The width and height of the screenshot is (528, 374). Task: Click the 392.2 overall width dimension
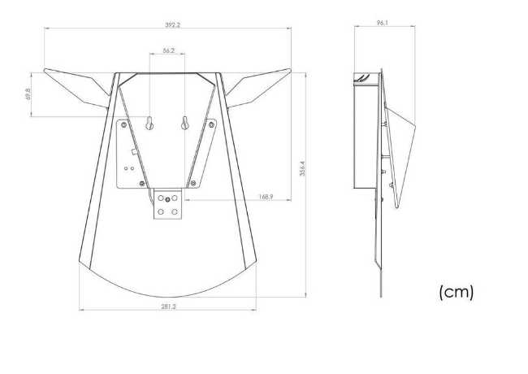(172, 25)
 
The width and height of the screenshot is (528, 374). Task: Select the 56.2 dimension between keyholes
(169, 50)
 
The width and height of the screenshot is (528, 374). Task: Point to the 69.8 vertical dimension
(28, 93)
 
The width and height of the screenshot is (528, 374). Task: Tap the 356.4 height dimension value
(302, 168)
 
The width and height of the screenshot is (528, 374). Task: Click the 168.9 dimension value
(266, 197)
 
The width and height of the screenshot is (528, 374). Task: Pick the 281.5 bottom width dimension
(168, 307)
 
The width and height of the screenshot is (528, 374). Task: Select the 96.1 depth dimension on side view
(383, 23)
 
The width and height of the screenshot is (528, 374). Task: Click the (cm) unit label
(457, 292)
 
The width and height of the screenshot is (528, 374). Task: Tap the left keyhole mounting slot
(149, 124)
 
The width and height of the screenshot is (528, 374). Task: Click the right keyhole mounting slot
(185, 124)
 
